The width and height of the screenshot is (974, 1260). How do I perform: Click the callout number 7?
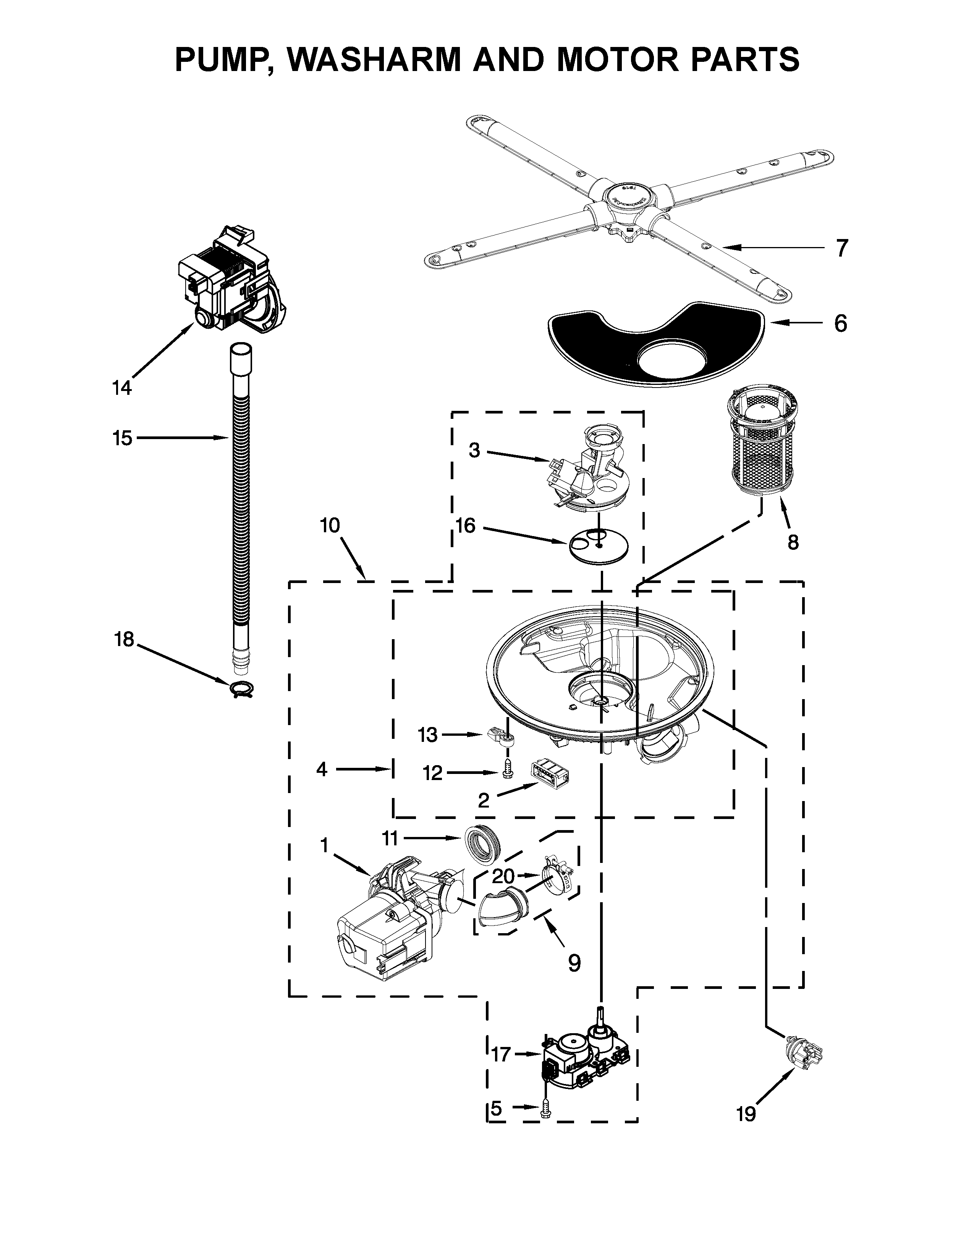843,249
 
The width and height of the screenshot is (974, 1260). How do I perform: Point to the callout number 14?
122,388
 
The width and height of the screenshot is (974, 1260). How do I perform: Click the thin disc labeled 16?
599,545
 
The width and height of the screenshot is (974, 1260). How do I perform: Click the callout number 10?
330,526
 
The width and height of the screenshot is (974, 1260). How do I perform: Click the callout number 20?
503,876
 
